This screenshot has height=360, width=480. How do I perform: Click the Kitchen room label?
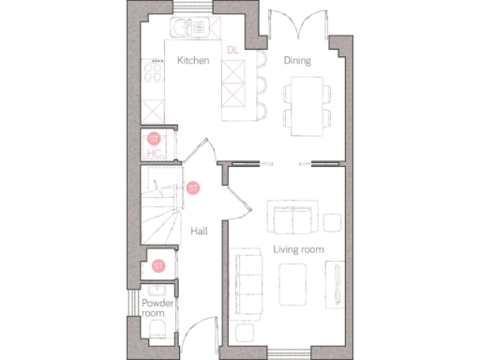click(192, 61)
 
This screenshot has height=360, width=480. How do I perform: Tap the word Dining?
click(297, 61)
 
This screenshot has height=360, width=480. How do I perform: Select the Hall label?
click(199, 231)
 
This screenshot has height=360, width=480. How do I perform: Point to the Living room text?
click(298, 248)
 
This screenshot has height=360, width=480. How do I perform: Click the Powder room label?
click(153, 308)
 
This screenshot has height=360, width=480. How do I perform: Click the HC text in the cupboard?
click(155, 153)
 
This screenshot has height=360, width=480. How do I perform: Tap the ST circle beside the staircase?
click(193, 187)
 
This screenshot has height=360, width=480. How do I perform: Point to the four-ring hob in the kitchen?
click(151, 70)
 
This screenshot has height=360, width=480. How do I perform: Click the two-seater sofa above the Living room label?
click(292, 218)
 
